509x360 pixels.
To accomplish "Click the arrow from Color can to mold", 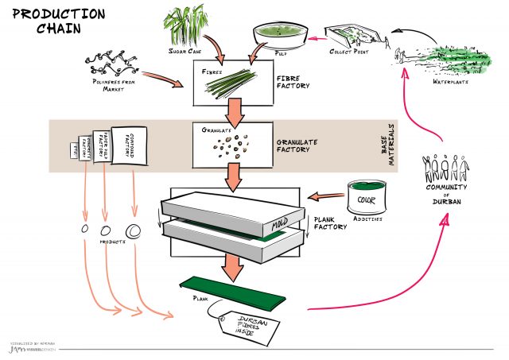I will point(325,195).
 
